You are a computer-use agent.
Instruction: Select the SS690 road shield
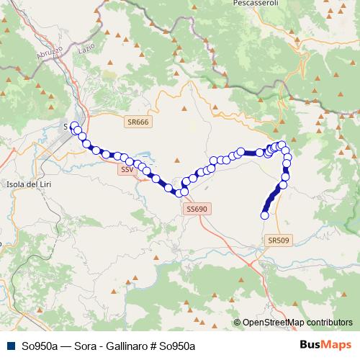(196, 208)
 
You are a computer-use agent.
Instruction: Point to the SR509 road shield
(276, 240)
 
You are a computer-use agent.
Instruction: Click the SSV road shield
(127, 170)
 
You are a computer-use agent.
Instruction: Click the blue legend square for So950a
(10, 346)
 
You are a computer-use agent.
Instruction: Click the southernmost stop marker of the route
(264, 215)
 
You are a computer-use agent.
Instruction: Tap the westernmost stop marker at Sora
(73, 125)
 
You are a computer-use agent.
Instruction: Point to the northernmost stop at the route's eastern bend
(282, 144)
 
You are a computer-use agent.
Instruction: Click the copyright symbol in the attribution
(238, 323)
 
